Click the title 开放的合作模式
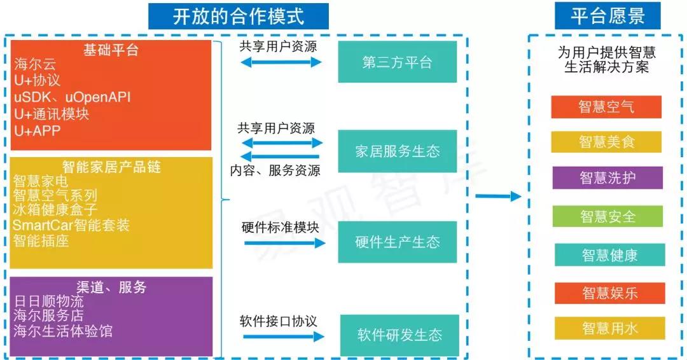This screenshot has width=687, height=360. pos(239,16)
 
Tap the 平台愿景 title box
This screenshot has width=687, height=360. pos(607,16)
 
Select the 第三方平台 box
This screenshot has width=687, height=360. pos(397,62)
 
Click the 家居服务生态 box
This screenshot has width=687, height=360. pos(397,151)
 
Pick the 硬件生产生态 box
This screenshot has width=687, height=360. pos(397,242)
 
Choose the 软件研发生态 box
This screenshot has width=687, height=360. pos(399,335)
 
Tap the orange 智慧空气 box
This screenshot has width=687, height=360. pos(606,107)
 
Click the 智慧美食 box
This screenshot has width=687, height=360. pos(606,142)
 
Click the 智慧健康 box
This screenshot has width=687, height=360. pos(609,255)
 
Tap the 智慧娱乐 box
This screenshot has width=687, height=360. pos(609,293)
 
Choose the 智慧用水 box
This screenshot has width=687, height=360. pos(609,328)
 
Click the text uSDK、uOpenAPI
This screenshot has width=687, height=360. pos(73,97)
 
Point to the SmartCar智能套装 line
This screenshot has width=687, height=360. pos(71,225)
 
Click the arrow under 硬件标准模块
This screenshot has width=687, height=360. pos(284,243)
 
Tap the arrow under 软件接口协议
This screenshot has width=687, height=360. pos(284,335)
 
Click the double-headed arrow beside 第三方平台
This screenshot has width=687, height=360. pos(281,62)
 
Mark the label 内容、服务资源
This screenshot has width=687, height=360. pos(275,170)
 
